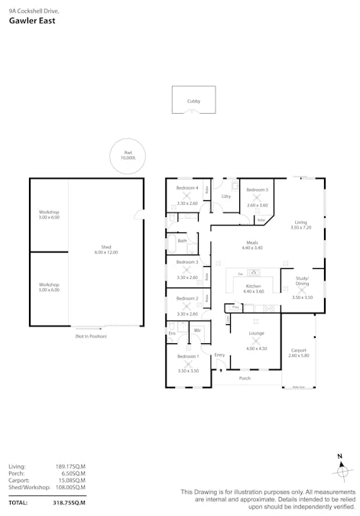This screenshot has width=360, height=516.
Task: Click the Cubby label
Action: coord(193,101)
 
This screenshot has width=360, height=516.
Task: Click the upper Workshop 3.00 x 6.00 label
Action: coord(49,215)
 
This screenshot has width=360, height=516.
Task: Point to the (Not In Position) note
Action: coord(90,336)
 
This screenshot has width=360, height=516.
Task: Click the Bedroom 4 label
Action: coord(187,188)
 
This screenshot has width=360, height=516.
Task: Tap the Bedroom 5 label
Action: coord(258,190)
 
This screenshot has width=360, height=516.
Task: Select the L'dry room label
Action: coord(226,196)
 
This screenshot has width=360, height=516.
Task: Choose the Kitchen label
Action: coord(253,285)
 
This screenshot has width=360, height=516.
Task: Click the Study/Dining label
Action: coord(303,282)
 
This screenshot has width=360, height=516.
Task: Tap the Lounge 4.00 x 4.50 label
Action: coord(257,333)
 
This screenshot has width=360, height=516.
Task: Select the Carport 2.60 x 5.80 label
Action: coord(298,352)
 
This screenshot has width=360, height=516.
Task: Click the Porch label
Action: coord(245,378)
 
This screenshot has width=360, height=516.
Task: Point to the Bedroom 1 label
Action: coord(188,357)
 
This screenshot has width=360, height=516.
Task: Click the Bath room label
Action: coord(182,241)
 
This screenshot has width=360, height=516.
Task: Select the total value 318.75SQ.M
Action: coord(69,503)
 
